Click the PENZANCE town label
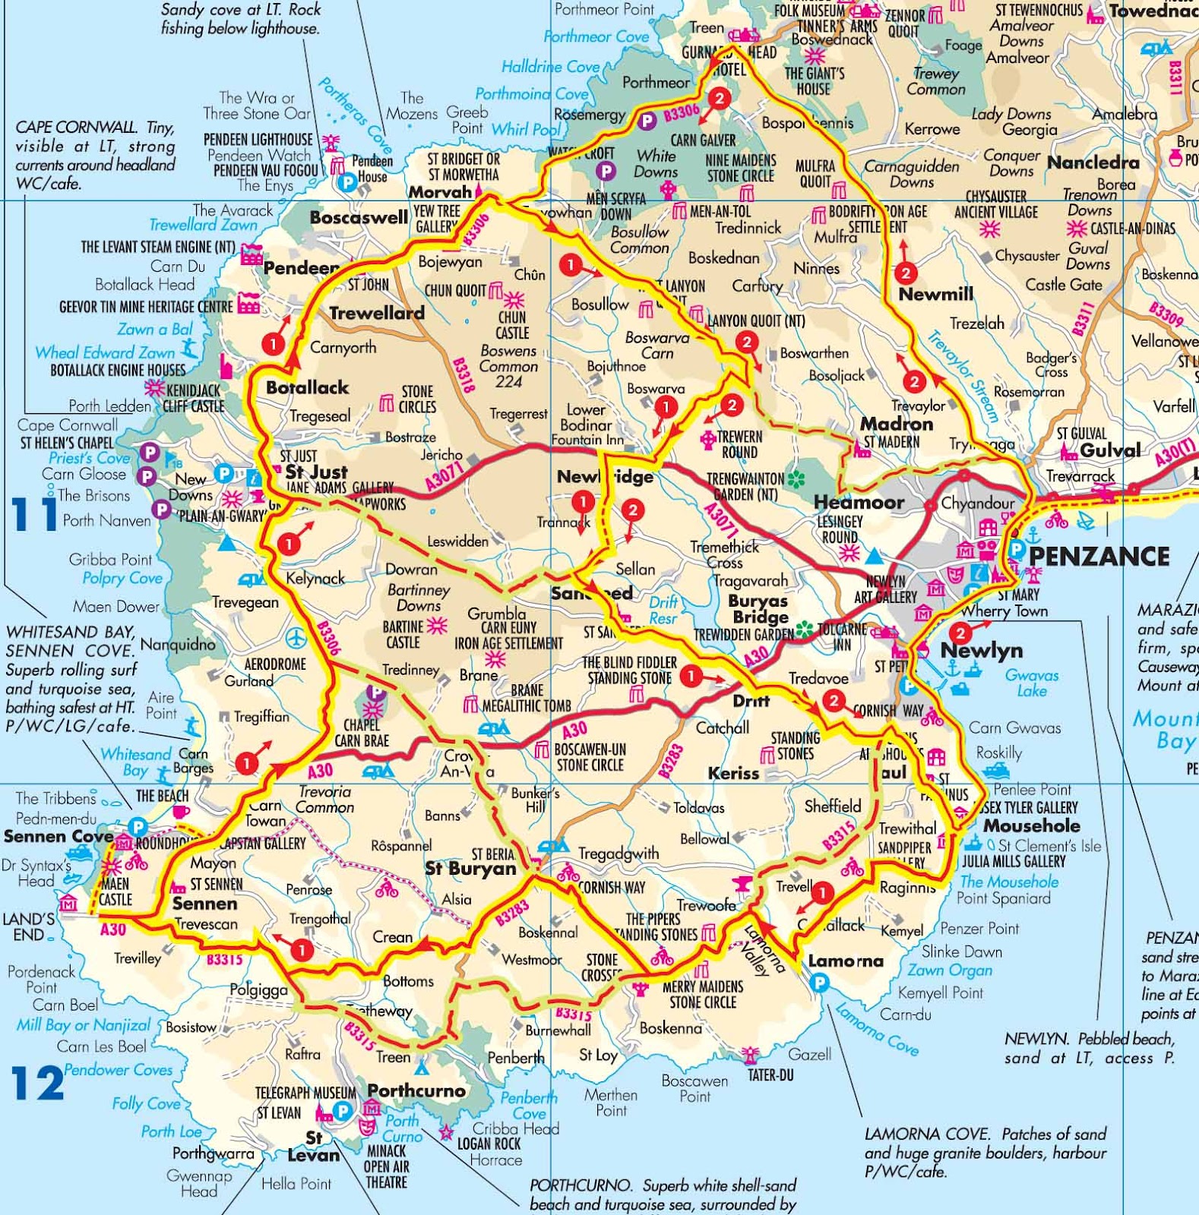[1099, 556]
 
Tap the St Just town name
[316, 472]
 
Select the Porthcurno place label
[416, 1090]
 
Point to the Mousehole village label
[1031, 825]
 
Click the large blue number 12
[38, 1084]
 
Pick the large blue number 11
[34, 514]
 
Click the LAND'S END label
[28, 926]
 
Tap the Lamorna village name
[846, 961]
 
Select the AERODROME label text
[275, 664]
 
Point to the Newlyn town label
[981, 651]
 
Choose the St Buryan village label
[470, 869]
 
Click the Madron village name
[896, 424]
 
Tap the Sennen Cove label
[59, 836]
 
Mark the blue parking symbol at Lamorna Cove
[818, 983]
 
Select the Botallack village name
[307, 387]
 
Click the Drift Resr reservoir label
[663, 611]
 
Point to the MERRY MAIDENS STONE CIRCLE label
[702, 994]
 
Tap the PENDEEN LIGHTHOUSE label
[258, 140]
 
